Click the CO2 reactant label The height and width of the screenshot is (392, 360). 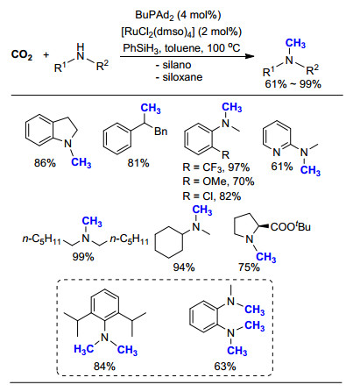tap(22, 54)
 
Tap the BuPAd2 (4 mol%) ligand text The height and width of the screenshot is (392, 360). tap(178, 15)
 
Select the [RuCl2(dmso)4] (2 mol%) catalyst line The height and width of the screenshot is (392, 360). tap(181, 32)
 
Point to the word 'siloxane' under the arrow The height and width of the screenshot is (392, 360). tap(182, 77)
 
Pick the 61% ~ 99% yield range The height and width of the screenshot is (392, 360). tap(293, 84)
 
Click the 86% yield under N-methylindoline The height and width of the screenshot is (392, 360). tap(45, 163)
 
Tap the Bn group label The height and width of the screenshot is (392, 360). tap(160, 132)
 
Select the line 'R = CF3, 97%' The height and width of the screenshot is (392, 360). tap(216, 167)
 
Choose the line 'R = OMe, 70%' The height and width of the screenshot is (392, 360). tap(218, 182)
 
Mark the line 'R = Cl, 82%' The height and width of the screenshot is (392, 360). tap(212, 196)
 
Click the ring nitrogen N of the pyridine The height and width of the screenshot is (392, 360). tap(276, 153)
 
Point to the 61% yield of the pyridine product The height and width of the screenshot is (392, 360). tap(282, 167)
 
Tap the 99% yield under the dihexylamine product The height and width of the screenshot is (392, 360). tap(83, 257)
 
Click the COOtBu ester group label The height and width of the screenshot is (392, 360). tap(291, 227)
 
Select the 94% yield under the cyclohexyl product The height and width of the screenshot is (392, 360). tap(184, 267)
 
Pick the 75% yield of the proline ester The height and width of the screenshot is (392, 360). tap(249, 267)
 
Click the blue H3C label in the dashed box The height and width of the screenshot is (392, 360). tap(83, 349)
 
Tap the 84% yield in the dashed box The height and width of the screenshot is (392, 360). tap(104, 367)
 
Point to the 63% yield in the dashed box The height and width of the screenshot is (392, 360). tap(225, 367)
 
